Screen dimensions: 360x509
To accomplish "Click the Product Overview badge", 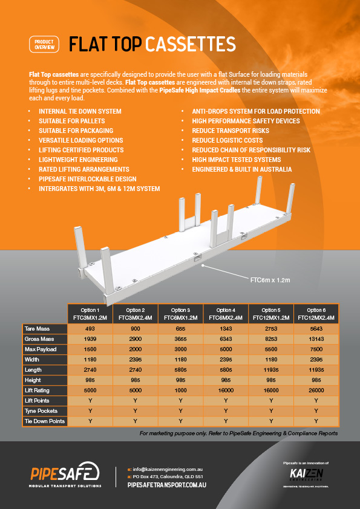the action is [x=44, y=44].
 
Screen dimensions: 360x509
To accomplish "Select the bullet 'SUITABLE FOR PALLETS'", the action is [x=67, y=121].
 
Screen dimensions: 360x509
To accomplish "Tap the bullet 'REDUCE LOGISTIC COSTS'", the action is [x=227, y=140].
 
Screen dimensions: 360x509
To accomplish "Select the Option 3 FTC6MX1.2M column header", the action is [x=180, y=313].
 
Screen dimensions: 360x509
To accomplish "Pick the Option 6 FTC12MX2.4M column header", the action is [x=315, y=313].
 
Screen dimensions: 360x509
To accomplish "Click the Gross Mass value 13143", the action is [x=315, y=339].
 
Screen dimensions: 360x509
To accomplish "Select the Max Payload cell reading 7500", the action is [x=315, y=349].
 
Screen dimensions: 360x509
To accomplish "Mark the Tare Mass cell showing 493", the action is [x=90, y=328].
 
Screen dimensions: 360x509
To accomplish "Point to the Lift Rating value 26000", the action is [x=315, y=391].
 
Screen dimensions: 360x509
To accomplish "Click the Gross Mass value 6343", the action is [x=225, y=339].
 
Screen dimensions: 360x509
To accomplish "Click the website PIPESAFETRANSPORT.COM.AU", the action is [x=168, y=485].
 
